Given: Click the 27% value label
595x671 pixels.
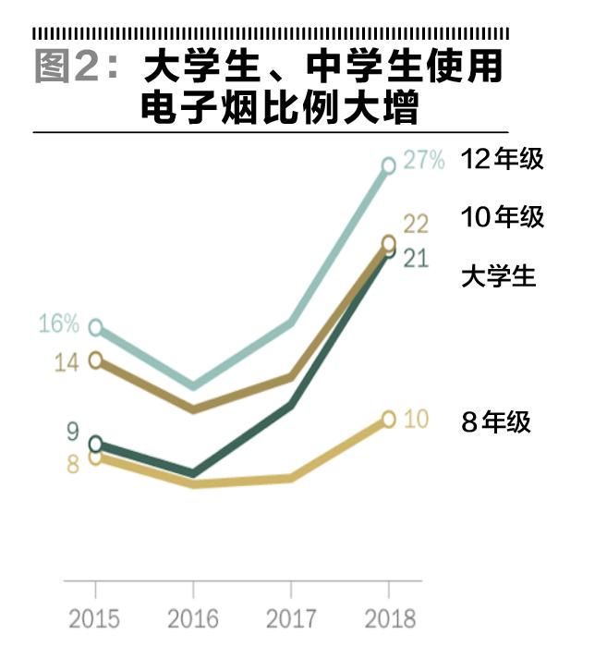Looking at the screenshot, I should pos(425,162).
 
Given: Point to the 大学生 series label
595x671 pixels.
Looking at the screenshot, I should pos(498,276).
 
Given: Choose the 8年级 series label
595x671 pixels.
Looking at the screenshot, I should pos(496,422).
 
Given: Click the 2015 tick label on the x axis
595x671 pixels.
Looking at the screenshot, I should pos(94,618).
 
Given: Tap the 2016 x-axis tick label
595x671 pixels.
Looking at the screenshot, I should pos(192,618).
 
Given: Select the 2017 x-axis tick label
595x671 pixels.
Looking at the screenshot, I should pos(291,618).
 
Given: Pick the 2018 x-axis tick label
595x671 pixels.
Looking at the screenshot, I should pos(389,618).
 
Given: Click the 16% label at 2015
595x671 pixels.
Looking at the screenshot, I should pos(58,324).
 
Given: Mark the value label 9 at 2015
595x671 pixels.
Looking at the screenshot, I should pos(72,432).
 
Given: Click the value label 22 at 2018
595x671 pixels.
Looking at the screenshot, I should pos(416,224).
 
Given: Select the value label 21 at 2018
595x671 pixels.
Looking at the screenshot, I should pos(416,258).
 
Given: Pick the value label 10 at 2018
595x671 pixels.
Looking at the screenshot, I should pos(416,420).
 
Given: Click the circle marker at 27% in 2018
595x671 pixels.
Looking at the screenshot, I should pos(389,166).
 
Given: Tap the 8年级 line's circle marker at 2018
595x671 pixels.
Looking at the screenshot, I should pos(389,420).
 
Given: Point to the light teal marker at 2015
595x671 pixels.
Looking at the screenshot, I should pos(95,327).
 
